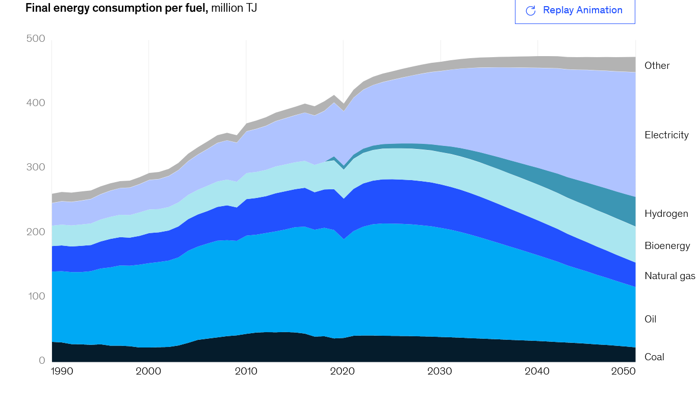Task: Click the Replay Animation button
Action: pos(575,11)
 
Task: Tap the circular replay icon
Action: pos(530,11)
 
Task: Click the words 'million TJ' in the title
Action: pos(234,8)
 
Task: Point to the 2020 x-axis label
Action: pos(343,371)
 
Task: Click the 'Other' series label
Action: pos(657,66)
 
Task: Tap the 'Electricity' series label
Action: pos(666,135)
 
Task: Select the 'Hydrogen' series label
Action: pos(666,214)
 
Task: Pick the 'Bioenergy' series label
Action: pos(667,246)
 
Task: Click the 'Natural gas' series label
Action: pos(669,276)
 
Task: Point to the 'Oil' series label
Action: pos(650,319)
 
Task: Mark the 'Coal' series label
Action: pos(654,357)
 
